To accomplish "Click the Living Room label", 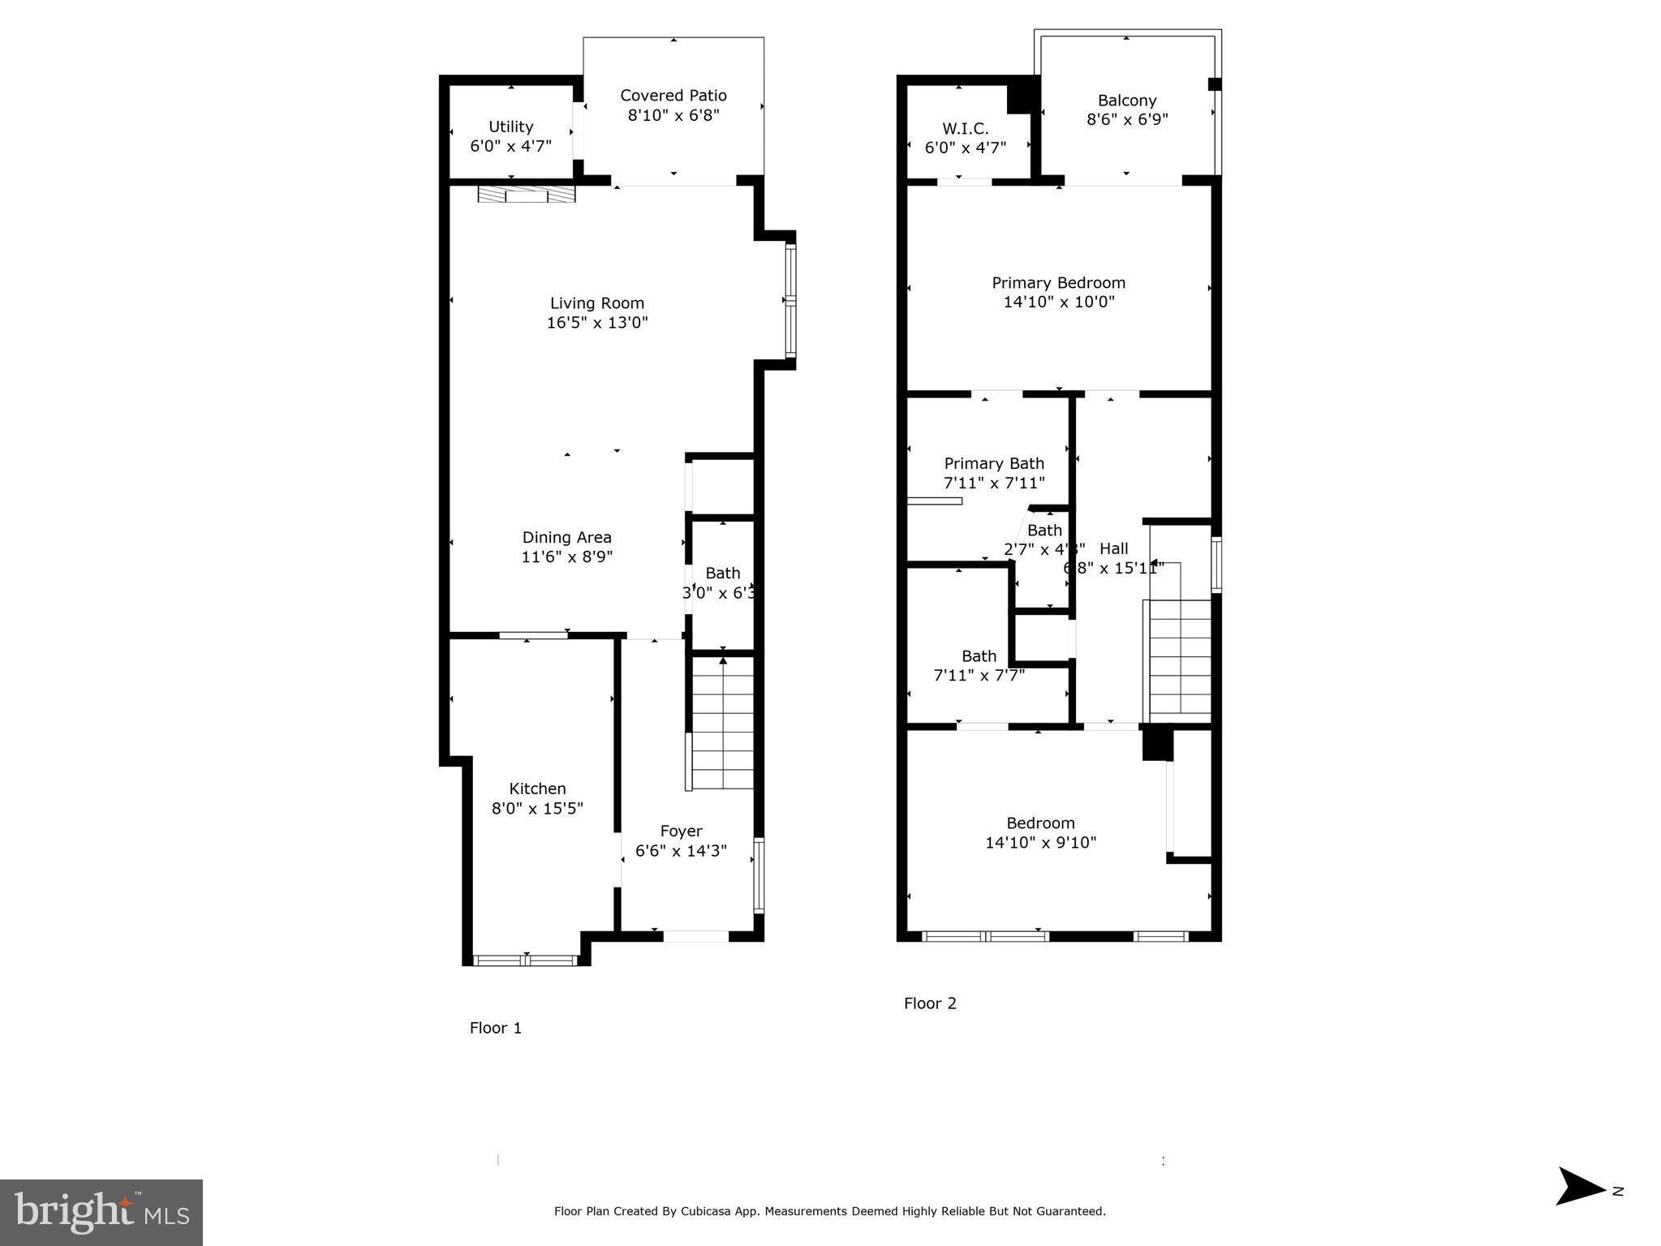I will [x=596, y=303].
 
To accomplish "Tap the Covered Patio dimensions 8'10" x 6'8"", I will [x=673, y=115].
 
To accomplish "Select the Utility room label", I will [x=510, y=127].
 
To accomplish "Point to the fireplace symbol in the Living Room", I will [x=526, y=195].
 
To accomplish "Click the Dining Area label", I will [x=566, y=537].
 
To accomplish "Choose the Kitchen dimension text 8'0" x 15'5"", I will [x=537, y=809].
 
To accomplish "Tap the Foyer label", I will [x=681, y=831].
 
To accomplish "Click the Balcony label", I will [x=1126, y=101].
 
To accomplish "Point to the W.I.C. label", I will [x=965, y=129].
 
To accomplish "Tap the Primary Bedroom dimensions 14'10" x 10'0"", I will [x=1058, y=303].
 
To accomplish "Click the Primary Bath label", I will [x=993, y=463].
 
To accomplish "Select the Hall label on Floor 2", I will [x=1113, y=548].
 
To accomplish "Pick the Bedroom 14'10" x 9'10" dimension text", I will [x=1040, y=843].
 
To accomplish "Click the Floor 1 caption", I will [x=495, y=1029].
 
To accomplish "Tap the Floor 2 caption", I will [x=930, y=1003].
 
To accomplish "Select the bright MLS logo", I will [x=101, y=1213].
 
